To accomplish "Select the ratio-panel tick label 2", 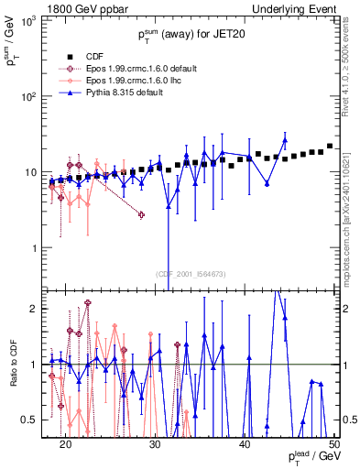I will (x=38, y=309).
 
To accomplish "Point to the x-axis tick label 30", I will (x=155, y=443).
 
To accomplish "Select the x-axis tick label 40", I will (x=245, y=443).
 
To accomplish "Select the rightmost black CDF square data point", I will (x=330, y=146).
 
